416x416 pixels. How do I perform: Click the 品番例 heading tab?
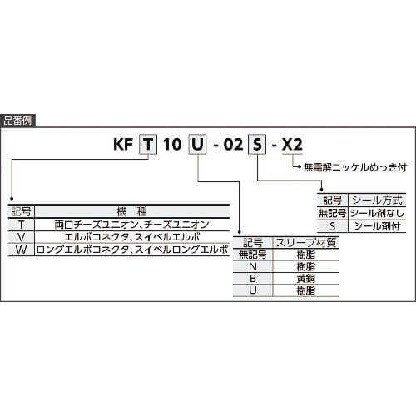point(17,121)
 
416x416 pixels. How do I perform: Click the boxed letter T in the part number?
point(148,144)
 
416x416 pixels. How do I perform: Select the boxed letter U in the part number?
point(197,144)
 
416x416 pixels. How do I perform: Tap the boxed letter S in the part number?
point(257,144)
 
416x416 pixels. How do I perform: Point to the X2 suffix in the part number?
point(292,144)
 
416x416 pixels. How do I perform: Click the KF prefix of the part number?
point(123,144)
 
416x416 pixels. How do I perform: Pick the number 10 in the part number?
point(172,144)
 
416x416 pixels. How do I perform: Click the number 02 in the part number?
point(233,144)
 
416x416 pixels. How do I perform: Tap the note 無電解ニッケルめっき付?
point(355,167)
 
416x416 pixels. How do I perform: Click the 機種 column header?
point(132,212)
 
